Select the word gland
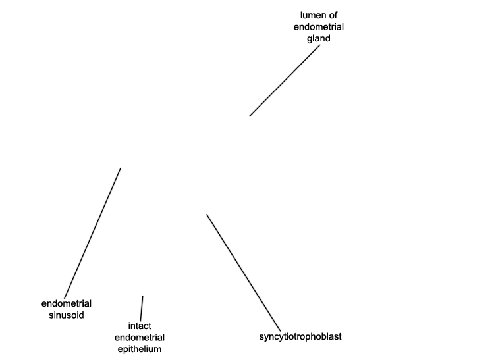(x=319, y=39)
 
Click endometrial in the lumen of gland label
(x=319, y=27)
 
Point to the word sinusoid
(x=66, y=315)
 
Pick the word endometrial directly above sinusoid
(x=66, y=303)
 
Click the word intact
(x=140, y=326)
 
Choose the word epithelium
(x=140, y=349)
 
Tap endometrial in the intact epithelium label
(x=140, y=338)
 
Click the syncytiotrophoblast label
(x=300, y=336)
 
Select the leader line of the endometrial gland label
(x=285, y=80)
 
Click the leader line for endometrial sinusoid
(x=93, y=233)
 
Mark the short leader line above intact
(x=142, y=309)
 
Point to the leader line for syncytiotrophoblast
(x=243, y=272)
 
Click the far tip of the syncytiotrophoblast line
(x=207, y=215)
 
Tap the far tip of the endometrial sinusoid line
(x=121, y=168)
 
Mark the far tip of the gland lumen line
(x=250, y=116)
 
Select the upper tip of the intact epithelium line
(x=143, y=296)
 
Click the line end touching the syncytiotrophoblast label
(x=280, y=331)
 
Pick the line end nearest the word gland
(x=319, y=45)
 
